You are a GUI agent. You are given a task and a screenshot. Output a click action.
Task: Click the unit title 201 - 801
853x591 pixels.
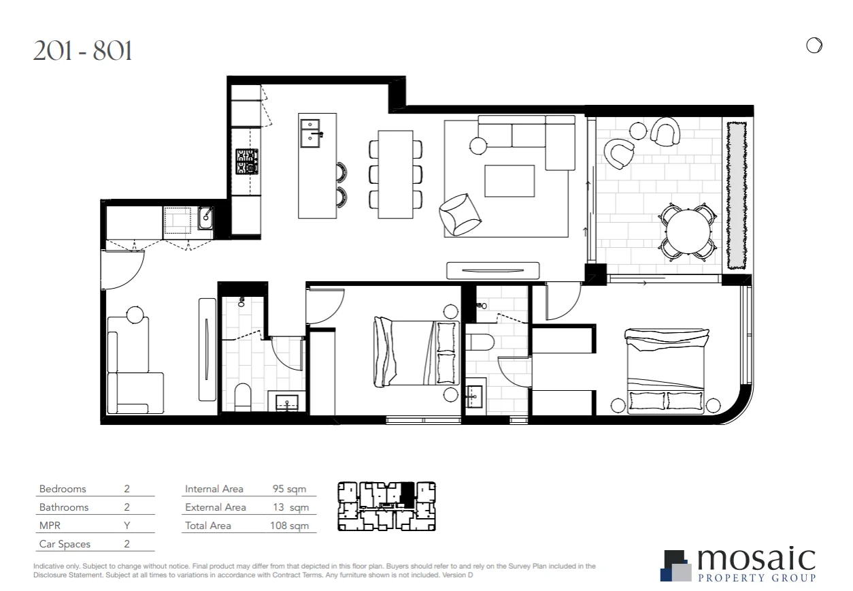point(82,51)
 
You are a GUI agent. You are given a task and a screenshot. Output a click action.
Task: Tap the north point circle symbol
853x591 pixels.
point(814,46)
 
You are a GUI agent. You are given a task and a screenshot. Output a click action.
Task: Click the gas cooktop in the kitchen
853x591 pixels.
point(247,161)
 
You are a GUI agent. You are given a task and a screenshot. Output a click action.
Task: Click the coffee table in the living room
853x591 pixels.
point(509,180)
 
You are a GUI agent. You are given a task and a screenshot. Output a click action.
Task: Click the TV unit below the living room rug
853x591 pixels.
point(492,270)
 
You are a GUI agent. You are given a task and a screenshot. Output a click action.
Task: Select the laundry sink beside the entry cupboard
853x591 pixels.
point(205,219)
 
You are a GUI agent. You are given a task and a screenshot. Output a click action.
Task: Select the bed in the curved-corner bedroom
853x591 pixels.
point(665,370)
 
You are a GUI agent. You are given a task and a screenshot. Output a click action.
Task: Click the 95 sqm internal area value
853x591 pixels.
point(288,489)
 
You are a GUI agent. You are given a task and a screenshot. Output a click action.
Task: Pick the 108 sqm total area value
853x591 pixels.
point(289,526)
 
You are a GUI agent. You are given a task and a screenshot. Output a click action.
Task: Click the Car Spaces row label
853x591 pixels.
point(65,544)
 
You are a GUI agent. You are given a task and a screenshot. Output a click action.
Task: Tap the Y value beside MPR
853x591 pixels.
point(127,526)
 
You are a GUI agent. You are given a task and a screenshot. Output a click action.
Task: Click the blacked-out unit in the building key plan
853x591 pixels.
point(406,492)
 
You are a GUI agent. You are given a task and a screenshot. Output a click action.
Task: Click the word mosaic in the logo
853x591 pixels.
point(755,560)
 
